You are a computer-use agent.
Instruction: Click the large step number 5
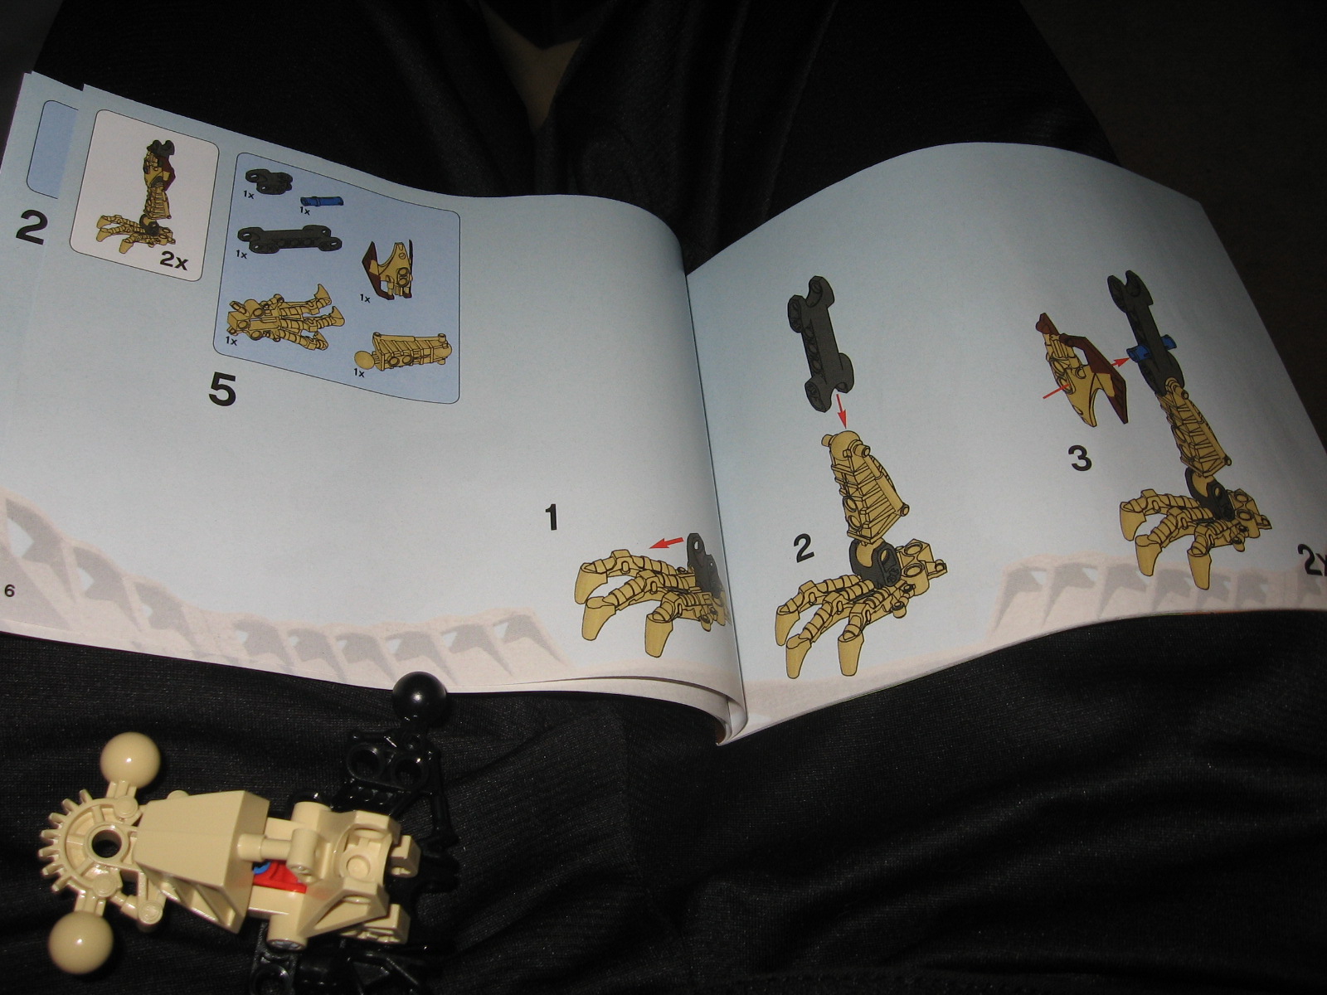click(x=222, y=389)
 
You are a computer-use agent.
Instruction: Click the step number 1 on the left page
click(x=551, y=518)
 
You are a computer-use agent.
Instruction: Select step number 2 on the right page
click(x=802, y=549)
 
